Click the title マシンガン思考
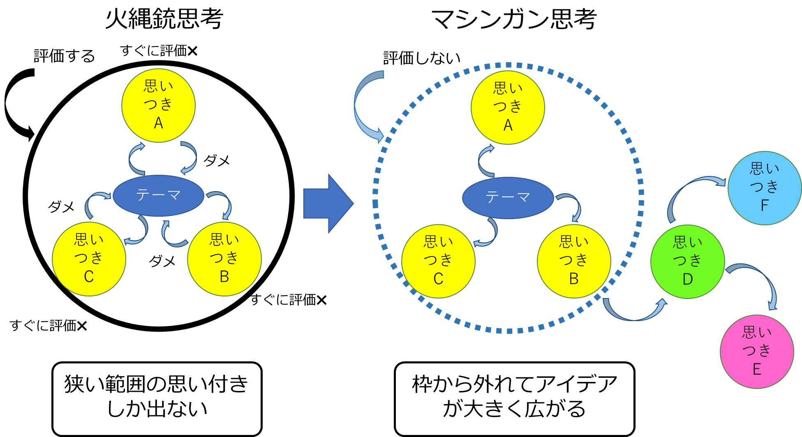(514, 19)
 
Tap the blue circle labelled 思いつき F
(764, 188)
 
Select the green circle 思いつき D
(687, 261)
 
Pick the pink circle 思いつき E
(757, 351)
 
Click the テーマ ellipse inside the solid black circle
(158, 196)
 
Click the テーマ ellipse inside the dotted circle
(508, 198)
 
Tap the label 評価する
(64, 56)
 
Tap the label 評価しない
(422, 58)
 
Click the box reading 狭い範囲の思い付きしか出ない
(157, 398)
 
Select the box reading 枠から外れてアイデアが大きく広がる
(514, 398)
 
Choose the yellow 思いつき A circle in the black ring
(158, 106)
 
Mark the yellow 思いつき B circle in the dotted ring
(573, 261)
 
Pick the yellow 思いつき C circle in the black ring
(89, 259)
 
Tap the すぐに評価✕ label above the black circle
(159, 51)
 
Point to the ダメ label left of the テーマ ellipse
(61, 206)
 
